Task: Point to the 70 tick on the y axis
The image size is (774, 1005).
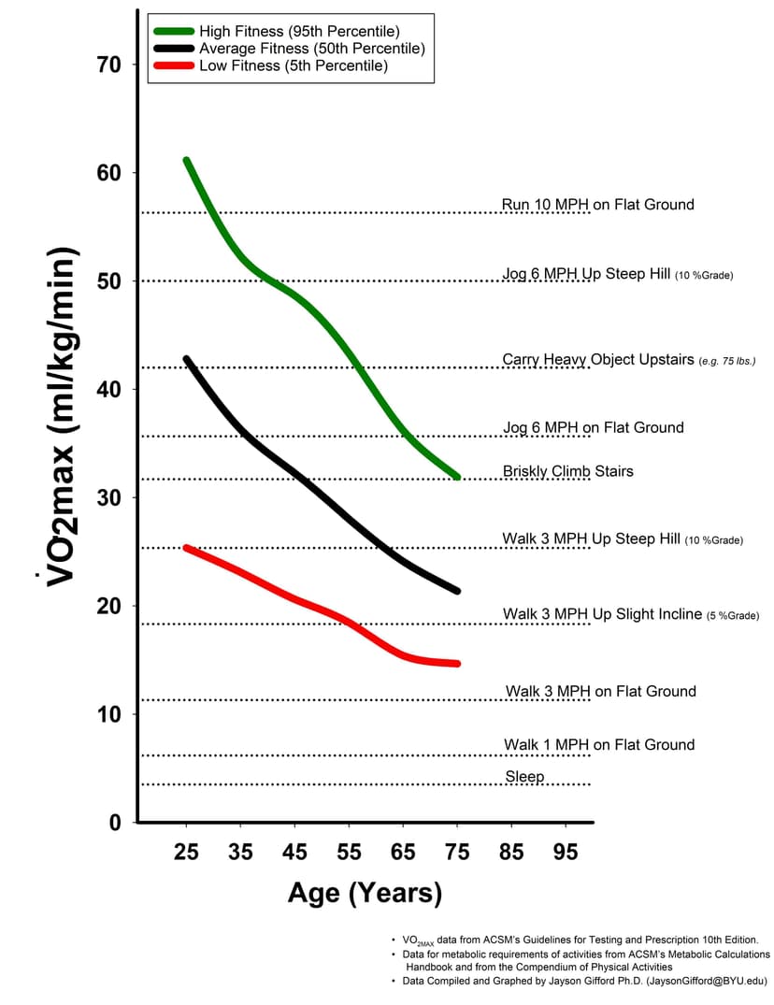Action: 108,65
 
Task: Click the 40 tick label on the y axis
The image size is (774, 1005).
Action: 108,389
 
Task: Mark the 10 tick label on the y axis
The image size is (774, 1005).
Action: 108,714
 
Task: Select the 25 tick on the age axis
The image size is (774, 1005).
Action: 186,853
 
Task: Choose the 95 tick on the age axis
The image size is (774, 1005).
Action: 566,853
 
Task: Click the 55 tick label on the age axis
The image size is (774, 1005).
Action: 349,853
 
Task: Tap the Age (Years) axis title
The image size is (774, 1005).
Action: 365,893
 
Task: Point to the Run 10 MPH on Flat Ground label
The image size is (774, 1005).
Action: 598,205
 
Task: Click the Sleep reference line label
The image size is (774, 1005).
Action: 524,777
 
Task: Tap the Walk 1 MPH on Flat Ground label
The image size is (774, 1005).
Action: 599,745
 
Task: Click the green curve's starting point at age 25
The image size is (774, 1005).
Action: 187,161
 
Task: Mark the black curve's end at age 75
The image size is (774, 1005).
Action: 457,590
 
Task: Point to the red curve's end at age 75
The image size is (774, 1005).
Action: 457,664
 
